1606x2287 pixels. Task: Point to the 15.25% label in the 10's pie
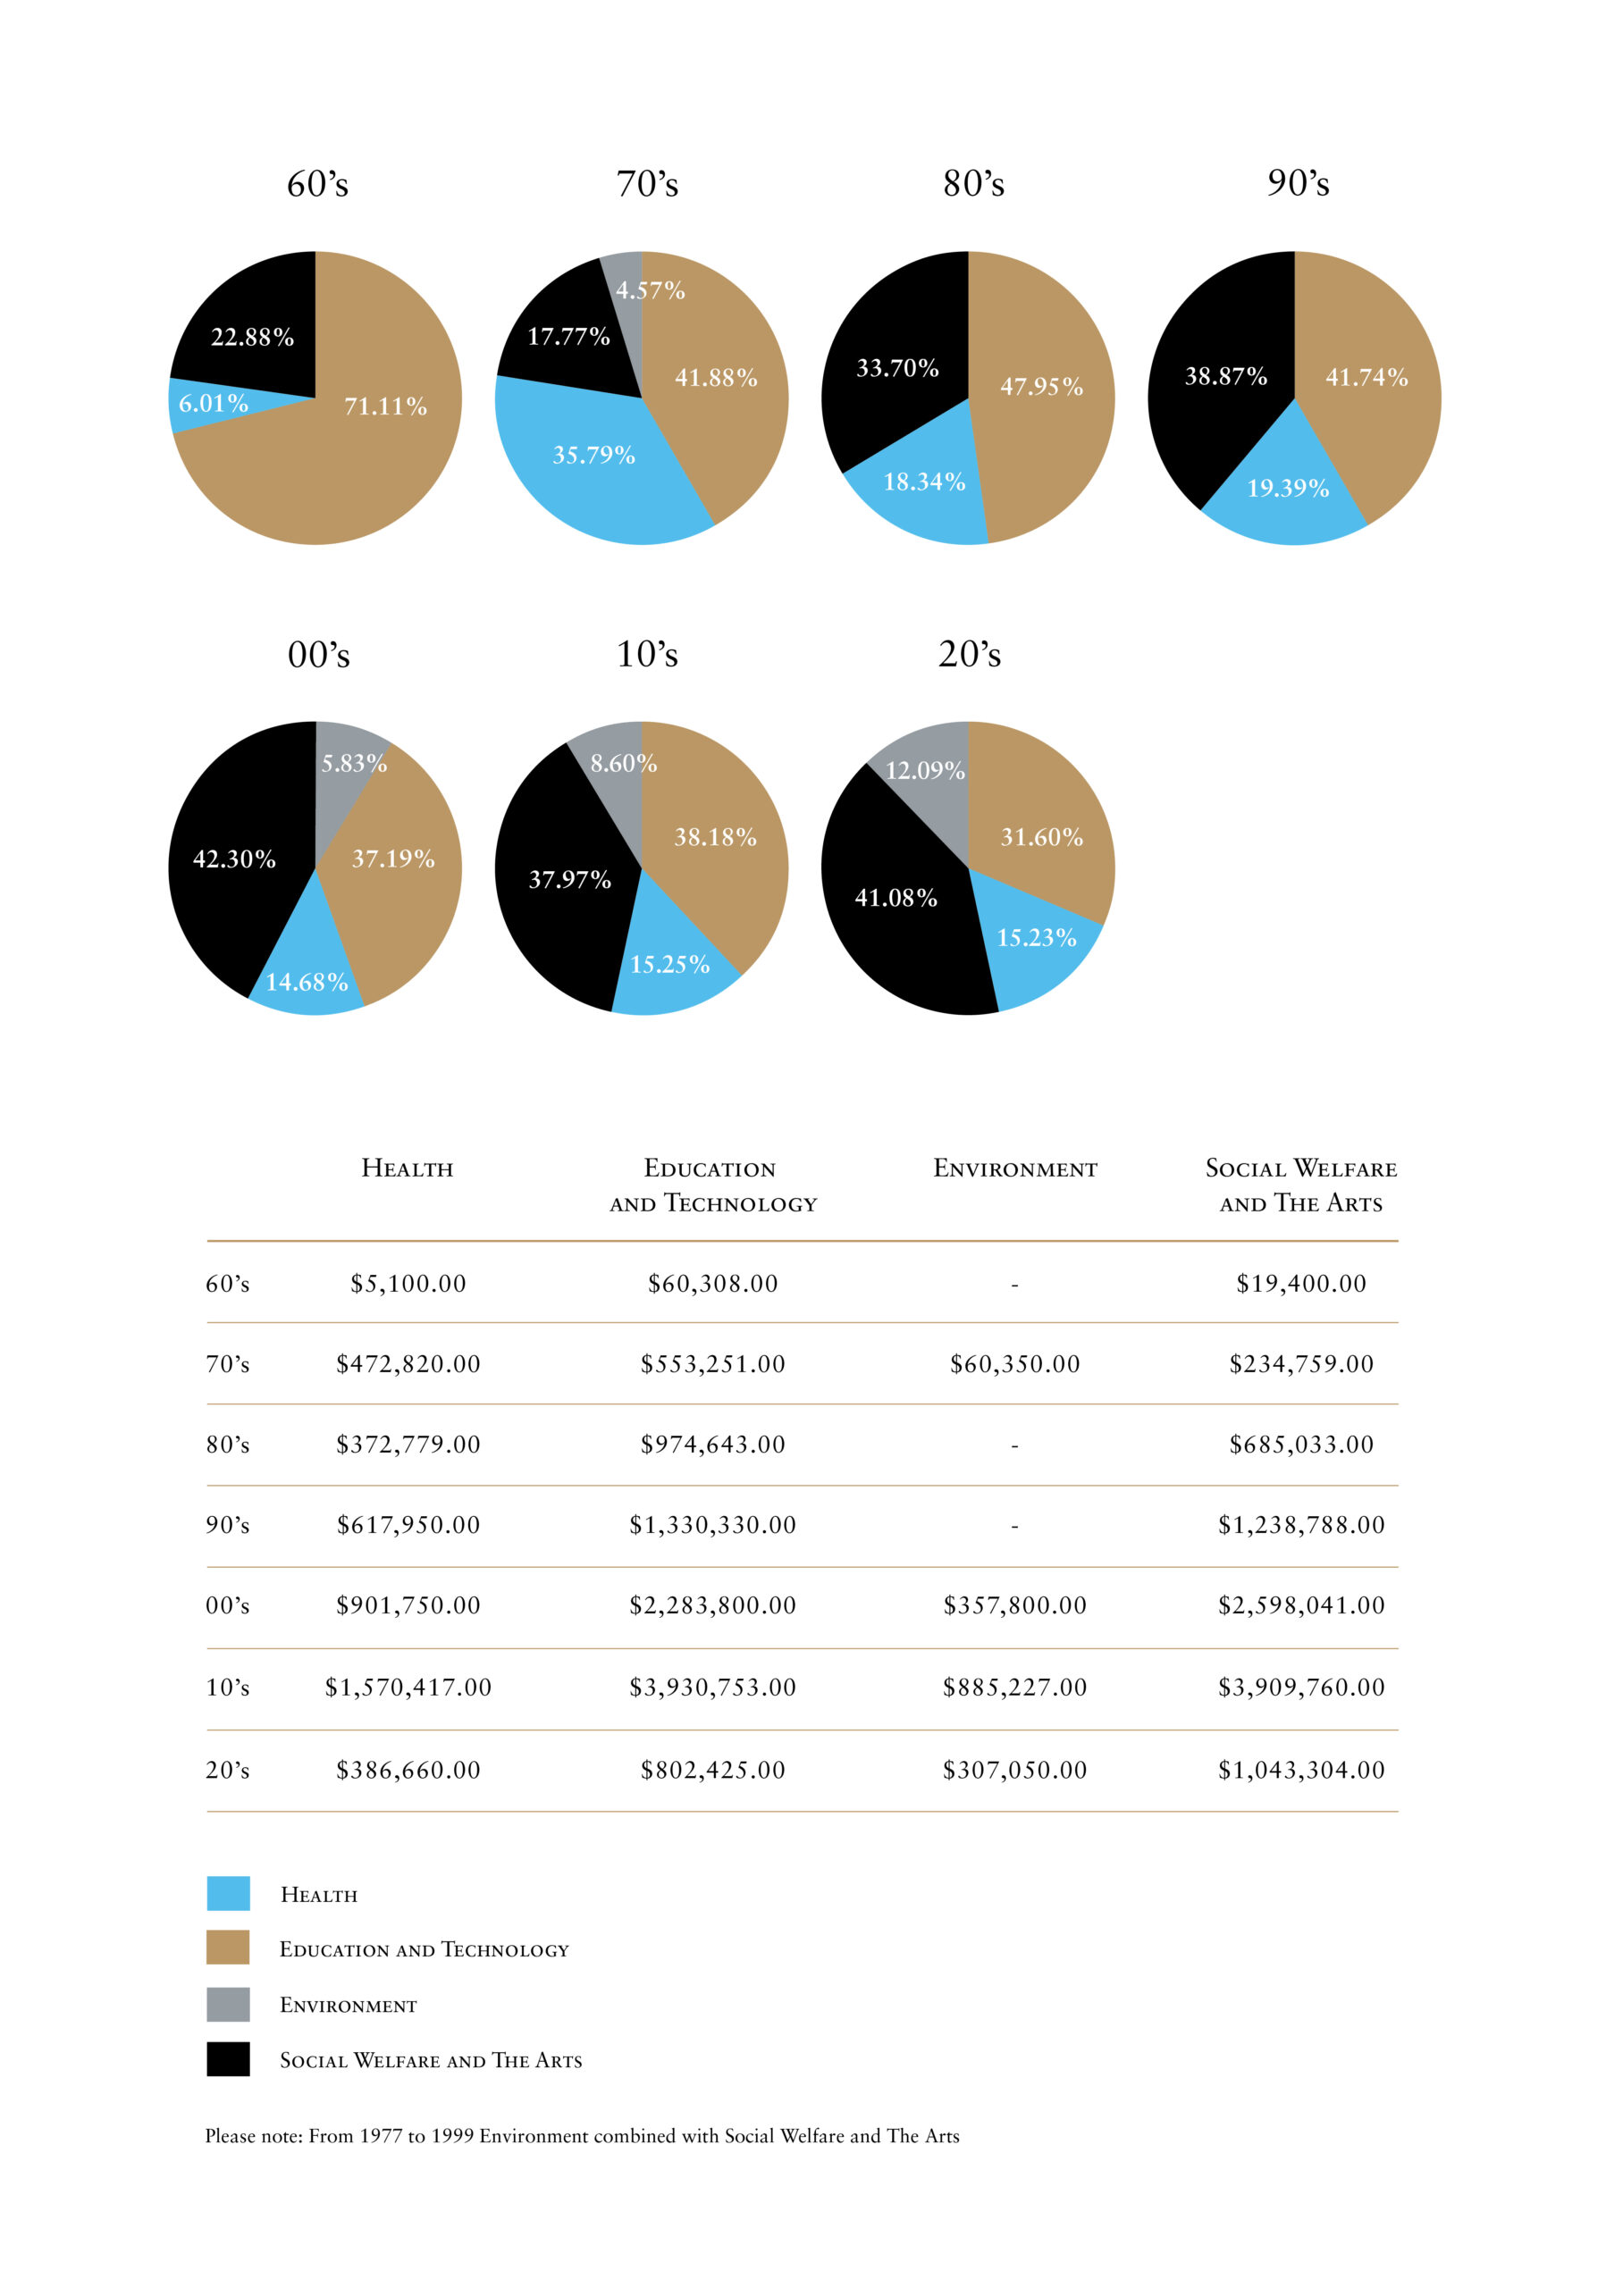[669, 964]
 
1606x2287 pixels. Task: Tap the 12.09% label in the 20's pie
[925, 770]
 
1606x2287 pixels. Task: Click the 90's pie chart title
[1297, 183]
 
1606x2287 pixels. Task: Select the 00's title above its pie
[319, 655]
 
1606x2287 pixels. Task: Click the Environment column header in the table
[1014, 1169]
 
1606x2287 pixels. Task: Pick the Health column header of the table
[407, 1169]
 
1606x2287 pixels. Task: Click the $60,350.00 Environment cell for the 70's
[1014, 1363]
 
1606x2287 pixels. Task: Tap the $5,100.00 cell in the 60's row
[408, 1283]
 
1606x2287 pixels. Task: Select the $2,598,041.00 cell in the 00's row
[1300, 1604]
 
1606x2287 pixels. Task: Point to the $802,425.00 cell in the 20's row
[712, 1769]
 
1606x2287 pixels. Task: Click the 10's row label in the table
[227, 1688]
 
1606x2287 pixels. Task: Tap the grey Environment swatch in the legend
[228, 2004]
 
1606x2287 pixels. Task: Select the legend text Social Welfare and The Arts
[431, 2060]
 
